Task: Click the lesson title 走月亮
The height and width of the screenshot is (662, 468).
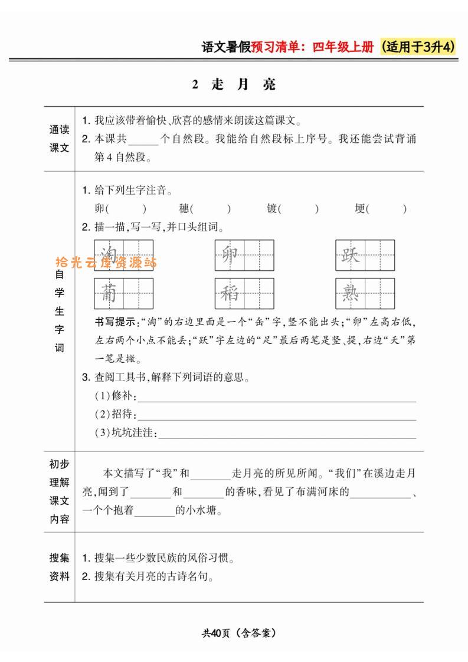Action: (x=234, y=84)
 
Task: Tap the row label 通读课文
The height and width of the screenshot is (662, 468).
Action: (x=59, y=139)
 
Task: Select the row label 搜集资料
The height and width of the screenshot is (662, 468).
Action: (x=59, y=567)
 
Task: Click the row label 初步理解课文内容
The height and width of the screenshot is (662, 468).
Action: (x=59, y=491)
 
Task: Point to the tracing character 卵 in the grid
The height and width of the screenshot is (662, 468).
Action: (x=230, y=255)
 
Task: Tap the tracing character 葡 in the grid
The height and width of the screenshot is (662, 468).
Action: (x=109, y=293)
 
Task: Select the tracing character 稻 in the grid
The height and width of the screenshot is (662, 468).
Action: (x=230, y=293)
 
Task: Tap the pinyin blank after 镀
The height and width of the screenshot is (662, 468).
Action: (x=299, y=209)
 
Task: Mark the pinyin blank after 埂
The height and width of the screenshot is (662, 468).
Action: (x=387, y=209)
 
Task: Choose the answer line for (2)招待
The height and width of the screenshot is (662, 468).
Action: (x=276, y=417)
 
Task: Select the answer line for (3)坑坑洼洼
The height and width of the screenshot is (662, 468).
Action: (x=287, y=435)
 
